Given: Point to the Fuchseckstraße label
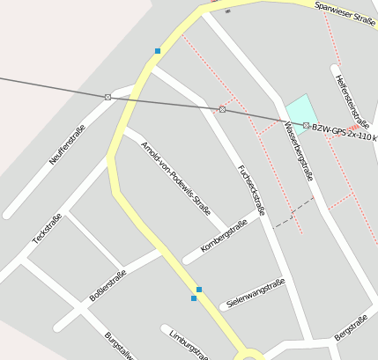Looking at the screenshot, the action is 251,189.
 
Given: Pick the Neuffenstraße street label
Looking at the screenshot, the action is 67,145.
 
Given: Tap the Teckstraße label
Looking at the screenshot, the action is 47,229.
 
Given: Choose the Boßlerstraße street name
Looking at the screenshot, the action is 107,286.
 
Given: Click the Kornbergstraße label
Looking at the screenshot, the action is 224,236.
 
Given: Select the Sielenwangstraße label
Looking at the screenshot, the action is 256,293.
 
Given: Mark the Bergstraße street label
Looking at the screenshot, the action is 351,327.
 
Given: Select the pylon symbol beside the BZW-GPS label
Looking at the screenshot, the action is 306,126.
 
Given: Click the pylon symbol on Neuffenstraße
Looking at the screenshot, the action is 107,97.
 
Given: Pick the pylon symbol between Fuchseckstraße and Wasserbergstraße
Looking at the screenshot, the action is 222,109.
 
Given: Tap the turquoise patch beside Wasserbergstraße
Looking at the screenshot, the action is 301,111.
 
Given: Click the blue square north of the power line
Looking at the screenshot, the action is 158,51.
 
